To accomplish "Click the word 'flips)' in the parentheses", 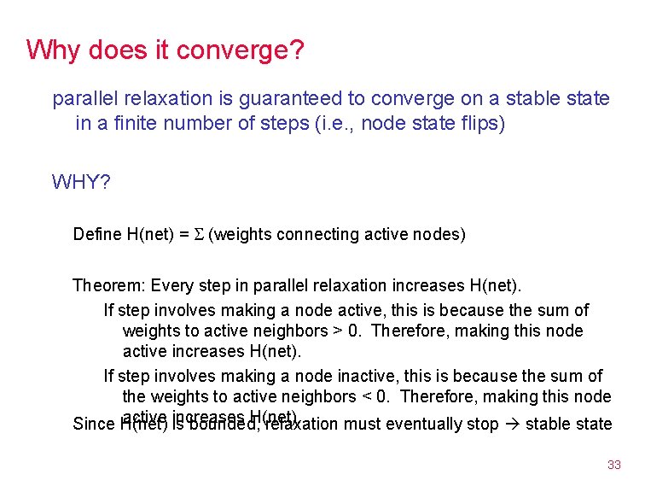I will (x=481, y=123).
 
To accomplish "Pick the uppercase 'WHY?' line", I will (x=81, y=182).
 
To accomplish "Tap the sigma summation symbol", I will (x=198, y=234).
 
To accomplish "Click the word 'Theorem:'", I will (x=105, y=284).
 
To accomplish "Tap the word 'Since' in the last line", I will (x=93, y=424).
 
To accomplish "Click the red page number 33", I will (x=613, y=465).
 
